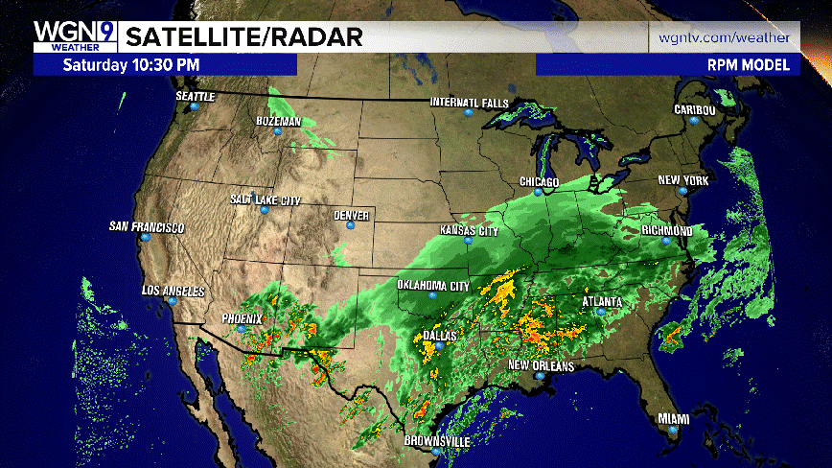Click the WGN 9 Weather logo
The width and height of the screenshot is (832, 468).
pyautogui.click(x=74, y=37)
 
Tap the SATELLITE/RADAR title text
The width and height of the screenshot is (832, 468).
pyautogui.click(x=244, y=37)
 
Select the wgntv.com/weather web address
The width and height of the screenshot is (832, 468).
pyautogui.click(x=724, y=37)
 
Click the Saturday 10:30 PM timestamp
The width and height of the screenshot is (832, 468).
pyautogui.click(x=131, y=65)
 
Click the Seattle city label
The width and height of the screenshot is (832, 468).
pyautogui.click(x=196, y=96)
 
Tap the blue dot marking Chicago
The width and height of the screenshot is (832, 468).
pyautogui.click(x=539, y=192)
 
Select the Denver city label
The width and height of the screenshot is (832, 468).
pyautogui.click(x=351, y=215)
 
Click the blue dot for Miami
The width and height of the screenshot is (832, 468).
pyautogui.click(x=673, y=431)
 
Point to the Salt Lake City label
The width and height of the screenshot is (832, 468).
pyautogui.click(x=266, y=199)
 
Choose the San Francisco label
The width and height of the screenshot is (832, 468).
pyautogui.click(x=146, y=227)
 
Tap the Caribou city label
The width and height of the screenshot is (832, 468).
pyautogui.click(x=695, y=109)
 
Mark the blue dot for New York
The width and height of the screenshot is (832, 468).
pyautogui.click(x=682, y=192)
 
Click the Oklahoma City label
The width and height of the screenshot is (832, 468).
pyautogui.click(x=433, y=286)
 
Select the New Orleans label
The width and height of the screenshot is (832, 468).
pyautogui.click(x=541, y=366)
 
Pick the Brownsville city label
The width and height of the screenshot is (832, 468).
pyautogui.click(x=437, y=440)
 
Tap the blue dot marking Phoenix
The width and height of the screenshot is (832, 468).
pyautogui.click(x=242, y=330)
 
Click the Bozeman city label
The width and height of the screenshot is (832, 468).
pyautogui.click(x=278, y=122)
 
